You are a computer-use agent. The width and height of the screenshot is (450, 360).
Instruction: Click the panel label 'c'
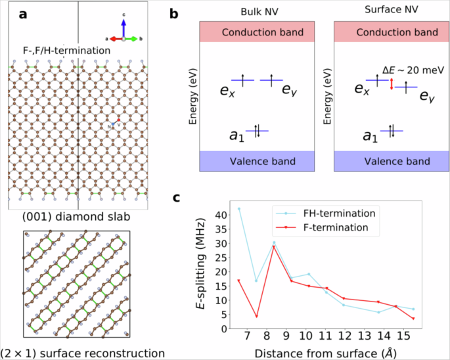click(x=175, y=197)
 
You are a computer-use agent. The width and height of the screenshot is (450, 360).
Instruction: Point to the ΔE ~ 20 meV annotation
click(x=409, y=70)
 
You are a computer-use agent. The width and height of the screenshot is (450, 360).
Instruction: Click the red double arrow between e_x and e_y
click(x=392, y=84)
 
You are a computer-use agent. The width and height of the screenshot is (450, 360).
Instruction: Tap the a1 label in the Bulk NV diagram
click(x=236, y=135)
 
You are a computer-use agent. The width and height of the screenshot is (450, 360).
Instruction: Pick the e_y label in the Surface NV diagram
click(x=427, y=97)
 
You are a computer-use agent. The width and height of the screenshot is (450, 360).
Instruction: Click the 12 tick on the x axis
click(x=344, y=337)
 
